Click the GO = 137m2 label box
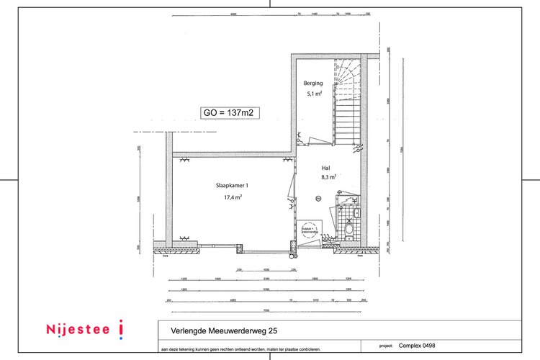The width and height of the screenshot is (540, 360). [x=230, y=112]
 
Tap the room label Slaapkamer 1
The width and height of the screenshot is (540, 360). [x=232, y=185]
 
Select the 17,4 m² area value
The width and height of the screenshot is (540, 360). [x=232, y=197]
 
